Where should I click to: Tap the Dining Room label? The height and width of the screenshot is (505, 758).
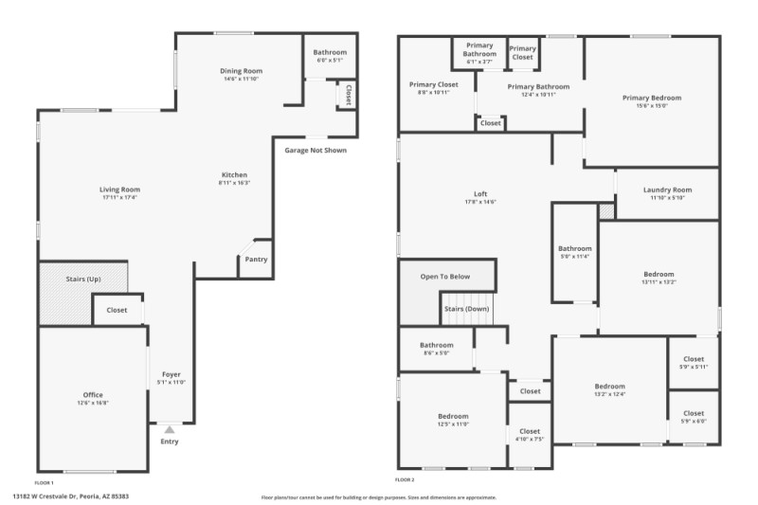click(x=241, y=71)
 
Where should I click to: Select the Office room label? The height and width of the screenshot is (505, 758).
click(x=93, y=395)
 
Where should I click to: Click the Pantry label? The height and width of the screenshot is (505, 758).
click(x=256, y=260)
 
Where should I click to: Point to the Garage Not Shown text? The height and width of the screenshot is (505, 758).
click(x=316, y=150)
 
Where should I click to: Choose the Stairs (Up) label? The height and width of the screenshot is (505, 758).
click(x=81, y=280)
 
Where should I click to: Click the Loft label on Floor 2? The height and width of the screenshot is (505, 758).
click(x=480, y=193)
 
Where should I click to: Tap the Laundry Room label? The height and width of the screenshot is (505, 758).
click(x=667, y=189)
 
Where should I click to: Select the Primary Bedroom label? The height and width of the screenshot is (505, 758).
click(x=651, y=98)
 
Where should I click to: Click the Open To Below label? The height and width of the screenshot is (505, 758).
click(x=445, y=277)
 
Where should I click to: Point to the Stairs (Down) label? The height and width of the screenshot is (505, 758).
click(x=467, y=309)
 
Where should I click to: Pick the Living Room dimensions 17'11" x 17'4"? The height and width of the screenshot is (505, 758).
click(x=120, y=197)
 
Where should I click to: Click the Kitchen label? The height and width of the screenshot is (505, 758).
click(x=234, y=174)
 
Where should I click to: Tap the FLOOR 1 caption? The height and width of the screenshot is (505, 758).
click(x=45, y=482)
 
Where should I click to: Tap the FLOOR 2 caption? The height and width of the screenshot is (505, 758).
click(x=406, y=482)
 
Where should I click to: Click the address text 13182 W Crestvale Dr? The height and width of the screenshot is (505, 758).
click(x=70, y=496)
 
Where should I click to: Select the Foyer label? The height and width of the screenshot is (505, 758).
click(x=171, y=374)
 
